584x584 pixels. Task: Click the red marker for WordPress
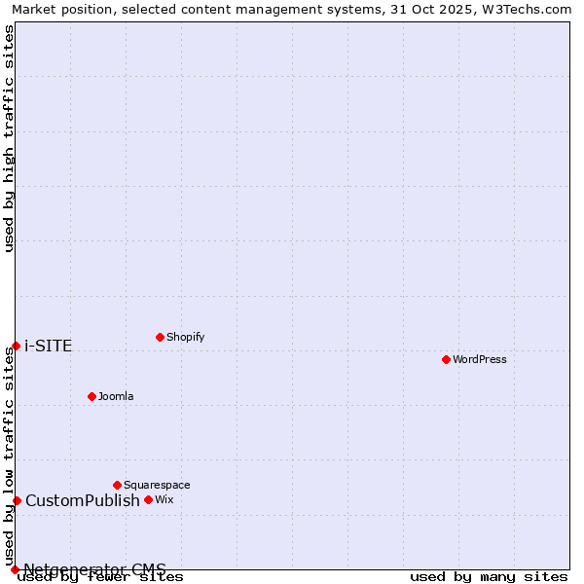pos(446,359)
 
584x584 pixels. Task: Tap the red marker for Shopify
pos(160,337)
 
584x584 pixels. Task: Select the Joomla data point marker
pos(91,396)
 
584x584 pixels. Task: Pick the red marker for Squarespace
pos(117,485)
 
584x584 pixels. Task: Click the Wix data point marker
pos(148,499)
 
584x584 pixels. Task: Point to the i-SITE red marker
pos(16,346)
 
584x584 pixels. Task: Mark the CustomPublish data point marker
pos(17,500)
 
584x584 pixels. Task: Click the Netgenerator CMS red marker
pos(15,569)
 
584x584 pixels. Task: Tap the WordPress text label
pos(480,359)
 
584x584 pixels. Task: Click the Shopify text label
pos(186,337)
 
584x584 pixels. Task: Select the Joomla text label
pos(116,396)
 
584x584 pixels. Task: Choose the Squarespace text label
pos(157,485)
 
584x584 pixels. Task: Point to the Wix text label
pos(164,499)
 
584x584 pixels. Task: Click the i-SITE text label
pos(49,346)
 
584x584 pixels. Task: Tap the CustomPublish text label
pos(83,500)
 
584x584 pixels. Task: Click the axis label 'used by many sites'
pos(489,577)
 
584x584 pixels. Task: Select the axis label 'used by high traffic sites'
pos(9,138)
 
